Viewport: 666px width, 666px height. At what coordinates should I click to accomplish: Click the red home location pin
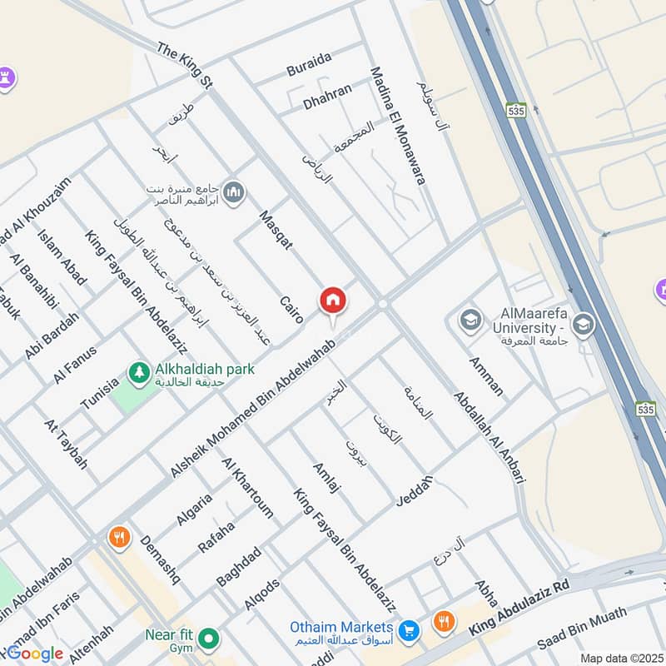[333, 301]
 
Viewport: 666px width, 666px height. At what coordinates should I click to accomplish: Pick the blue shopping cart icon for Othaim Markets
[408, 629]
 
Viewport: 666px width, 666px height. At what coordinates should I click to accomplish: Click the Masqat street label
[276, 231]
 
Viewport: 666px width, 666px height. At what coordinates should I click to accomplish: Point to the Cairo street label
[291, 310]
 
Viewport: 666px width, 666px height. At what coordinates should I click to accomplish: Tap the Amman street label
[485, 376]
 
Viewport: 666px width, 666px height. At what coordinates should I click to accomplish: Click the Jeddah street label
[415, 486]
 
